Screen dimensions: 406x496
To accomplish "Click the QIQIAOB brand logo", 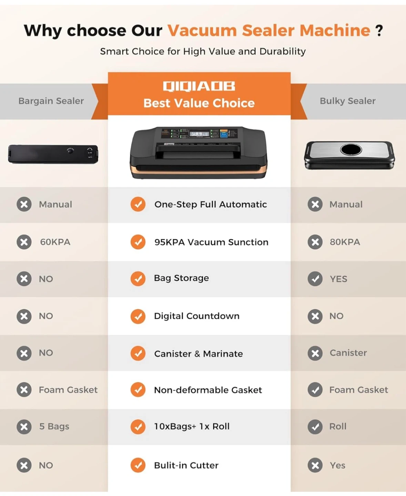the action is pyautogui.click(x=199, y=86).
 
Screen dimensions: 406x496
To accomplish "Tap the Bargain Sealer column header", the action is pyautogui.click(x=51, y=101).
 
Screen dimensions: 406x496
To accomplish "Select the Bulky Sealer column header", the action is pyautogui.click(x=348, y=101).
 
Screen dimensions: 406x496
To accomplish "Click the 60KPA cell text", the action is pyautogui.click(x=55, y=242).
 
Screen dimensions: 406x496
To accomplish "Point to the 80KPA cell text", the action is pyautogui.click(x=345, y=242).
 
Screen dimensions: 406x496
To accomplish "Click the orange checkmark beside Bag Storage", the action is pyautogui.click(x=138, y=279).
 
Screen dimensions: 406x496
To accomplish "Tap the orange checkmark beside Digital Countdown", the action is pyautogui.click(x=138, y=316).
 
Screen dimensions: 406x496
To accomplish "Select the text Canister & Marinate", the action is pyautogui.click(x=199, y=354).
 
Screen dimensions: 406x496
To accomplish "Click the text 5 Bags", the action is pyautogui.click(x=54, y=426).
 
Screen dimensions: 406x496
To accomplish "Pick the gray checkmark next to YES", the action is pyautogui.click(x=315, y=279).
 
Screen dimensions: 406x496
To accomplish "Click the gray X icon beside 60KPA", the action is pyautogui.click(x=24, y=242).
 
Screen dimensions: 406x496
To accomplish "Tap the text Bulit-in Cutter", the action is pyautogui.click(x=186, y=465).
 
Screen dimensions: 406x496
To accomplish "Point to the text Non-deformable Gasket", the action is pyautogui.click(x=208, y=390).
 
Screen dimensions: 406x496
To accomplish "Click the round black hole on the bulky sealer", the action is pyautogui.click(x=351, y=149).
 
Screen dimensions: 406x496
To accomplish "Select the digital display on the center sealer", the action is pyautogui.click(x=199, y=134).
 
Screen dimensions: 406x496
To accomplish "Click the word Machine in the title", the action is pyautogui.click(x=335, y=31).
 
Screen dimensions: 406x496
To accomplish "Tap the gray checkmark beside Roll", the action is pyautogui.click(x=315, y=427).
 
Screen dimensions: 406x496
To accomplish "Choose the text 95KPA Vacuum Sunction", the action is pyautogui.click(x=211, y=242).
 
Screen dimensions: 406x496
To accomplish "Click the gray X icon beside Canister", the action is pyautogui.click(x=315, y=353).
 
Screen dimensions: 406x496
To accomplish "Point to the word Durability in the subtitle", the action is pyautogui.click(x=282, y=51).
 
